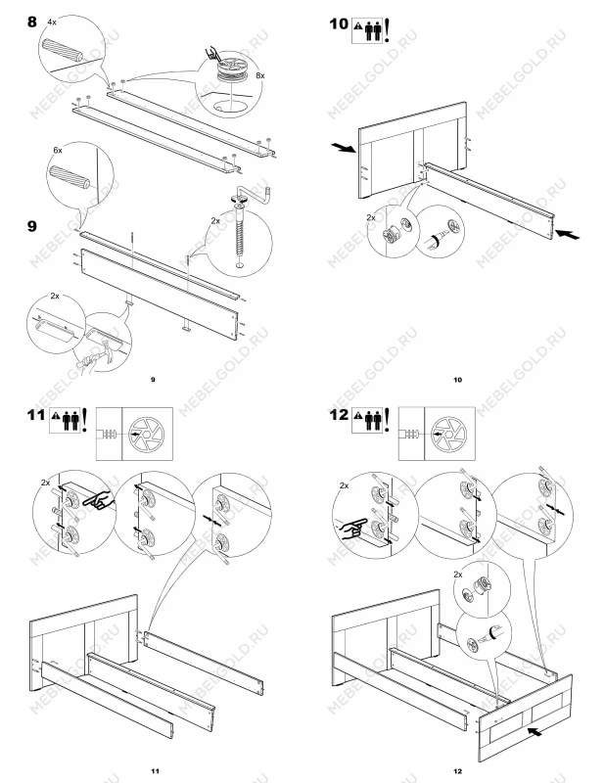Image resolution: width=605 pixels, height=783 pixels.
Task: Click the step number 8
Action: (32, 22)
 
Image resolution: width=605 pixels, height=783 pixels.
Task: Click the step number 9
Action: (32, 226)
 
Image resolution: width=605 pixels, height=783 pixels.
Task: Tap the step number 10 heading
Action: (339, 23)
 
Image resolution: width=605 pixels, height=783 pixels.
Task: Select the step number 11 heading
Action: (35, 415)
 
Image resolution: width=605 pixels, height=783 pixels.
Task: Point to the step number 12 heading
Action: (339, 415)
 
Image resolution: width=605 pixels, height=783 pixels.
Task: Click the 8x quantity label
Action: (259, 75)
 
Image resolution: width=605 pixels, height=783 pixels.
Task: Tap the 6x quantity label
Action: (58, 150)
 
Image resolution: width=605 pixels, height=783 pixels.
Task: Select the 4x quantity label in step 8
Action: (52, 22)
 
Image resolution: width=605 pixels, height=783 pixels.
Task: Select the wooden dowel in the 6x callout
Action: (70, 178)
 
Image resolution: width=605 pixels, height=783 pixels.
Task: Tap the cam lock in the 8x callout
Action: (233, 70)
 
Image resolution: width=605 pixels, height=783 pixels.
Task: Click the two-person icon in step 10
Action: (373, 31)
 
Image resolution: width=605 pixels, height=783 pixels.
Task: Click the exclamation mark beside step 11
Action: (84, 420)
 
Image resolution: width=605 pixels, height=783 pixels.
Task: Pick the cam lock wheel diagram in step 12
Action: (449, 434)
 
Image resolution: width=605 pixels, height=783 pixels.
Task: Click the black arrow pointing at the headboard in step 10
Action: (344, 148)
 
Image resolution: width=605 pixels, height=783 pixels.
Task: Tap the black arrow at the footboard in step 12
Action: (535, 732)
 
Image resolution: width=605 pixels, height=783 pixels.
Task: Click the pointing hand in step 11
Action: (98, 501)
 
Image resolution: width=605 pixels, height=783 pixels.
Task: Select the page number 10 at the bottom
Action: (457, 380)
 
